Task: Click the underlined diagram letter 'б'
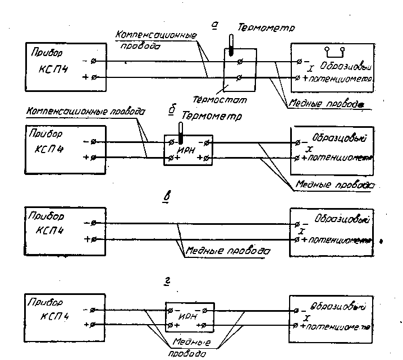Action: (x=172, y=111)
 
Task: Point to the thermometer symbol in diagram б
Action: (x=181, y=132)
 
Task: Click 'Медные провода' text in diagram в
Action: (x=228, y=252)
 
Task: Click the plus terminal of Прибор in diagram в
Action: (x=94, y=240)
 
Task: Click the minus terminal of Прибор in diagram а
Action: (x=94, y=60)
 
